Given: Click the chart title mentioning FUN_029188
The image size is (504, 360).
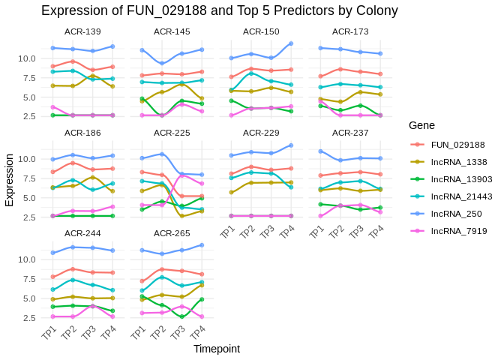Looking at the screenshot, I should pos(219,10).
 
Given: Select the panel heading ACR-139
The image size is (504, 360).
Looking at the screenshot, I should pos(82,31).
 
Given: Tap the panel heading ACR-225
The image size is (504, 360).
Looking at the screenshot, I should pos(172,133).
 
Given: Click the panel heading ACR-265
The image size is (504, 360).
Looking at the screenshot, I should pos(172,233).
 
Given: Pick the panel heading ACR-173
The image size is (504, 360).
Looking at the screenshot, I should pos(350,31).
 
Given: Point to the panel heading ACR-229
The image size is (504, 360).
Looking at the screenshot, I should pos(261,133).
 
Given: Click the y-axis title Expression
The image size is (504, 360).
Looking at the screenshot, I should pos(9,180).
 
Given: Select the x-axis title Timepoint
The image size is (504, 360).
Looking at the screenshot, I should pos(217,349).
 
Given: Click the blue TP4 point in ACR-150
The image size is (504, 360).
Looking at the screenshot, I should pos(291,43).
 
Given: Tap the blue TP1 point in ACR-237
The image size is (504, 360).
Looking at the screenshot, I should pos(321,151).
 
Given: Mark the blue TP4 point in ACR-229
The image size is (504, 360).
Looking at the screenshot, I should pos(291,145).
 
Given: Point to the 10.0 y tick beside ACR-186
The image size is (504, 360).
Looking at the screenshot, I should pos(27,159).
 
